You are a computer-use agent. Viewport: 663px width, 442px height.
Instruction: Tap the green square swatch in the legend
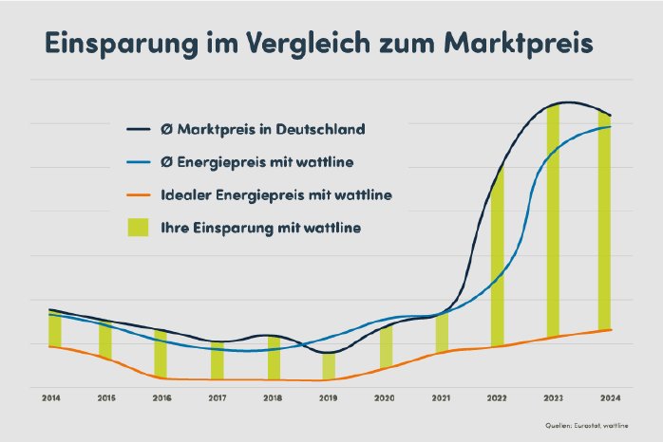click(x=140, y=228)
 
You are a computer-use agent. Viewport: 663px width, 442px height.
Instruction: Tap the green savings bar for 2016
click(x=161, y=355)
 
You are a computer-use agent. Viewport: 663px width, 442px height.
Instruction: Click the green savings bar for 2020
click(x=386, y=347)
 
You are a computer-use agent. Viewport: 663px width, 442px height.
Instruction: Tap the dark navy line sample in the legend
click(x=140, y=128)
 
